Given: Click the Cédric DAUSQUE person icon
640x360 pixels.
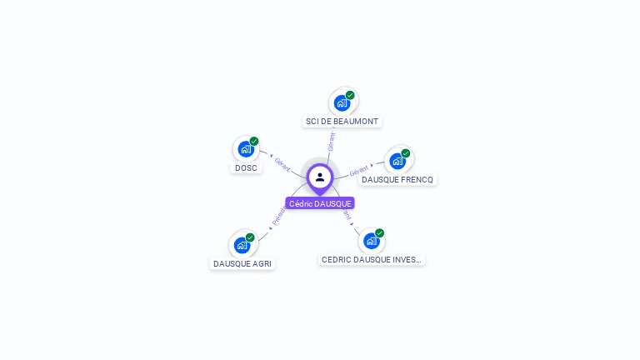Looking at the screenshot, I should click(x=320, y=177).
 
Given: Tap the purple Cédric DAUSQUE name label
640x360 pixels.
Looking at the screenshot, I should click(x=320, y=203).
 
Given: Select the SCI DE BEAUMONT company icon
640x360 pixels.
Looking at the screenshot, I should click(x=342, y=103).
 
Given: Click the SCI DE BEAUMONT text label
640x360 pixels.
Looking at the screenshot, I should click(x=342, y=122).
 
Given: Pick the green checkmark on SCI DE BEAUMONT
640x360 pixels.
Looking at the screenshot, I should click(x=350, y=95).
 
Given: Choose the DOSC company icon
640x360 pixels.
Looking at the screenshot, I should click(x=246, y=149).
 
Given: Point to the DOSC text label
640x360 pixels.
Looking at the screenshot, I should click(x=246, y=167).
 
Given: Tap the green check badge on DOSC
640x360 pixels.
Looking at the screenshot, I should click(x=254, y=141).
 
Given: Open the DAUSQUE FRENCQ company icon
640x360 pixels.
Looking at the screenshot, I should click(x=397, y=161).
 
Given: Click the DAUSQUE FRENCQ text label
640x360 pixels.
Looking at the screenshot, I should click(x=397, y=179).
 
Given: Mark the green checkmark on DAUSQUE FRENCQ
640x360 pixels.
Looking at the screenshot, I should click(x=406, y=153).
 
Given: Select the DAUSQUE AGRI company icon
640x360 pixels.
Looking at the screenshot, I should click(x=242, y=245).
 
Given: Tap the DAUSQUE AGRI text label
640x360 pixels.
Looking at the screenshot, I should click(x=242, y=263).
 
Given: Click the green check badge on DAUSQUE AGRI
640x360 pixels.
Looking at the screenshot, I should click(x=250, y=237).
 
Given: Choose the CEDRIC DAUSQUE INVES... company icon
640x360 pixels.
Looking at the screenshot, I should click(x=372, y=241).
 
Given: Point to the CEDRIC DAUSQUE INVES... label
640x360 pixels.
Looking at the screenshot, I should click(x=372, y=259).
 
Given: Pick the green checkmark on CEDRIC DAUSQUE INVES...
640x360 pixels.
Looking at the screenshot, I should click(x=380, y=233).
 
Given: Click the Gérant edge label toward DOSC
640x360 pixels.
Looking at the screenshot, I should click(x=282, y=164).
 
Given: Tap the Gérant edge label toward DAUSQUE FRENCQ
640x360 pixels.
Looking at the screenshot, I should click(x=359, y=171).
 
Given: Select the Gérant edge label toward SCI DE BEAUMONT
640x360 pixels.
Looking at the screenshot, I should click(x=332, y=141).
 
